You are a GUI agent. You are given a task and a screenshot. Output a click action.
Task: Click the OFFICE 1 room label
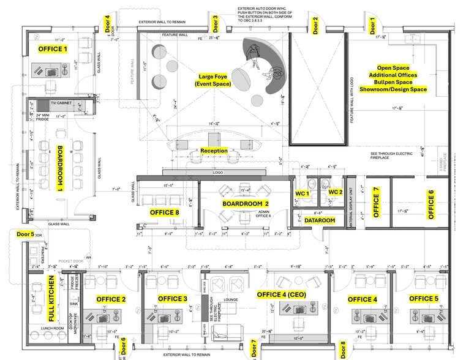[x=53, y=49]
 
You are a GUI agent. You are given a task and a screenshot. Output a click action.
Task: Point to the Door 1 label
[x=372, y=25]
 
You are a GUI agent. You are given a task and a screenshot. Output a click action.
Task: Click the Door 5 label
[x=26, y=234]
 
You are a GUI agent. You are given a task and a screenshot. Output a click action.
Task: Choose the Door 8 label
[x=343, y=349]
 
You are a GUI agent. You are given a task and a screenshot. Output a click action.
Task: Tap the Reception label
[x=214, y=151]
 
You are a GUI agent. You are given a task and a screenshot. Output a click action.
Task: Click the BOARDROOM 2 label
[x=246, y=203]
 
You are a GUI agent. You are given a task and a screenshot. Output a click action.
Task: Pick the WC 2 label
[x=335, y=192]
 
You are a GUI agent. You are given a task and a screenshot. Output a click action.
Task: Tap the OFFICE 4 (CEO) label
[x=285, y=294]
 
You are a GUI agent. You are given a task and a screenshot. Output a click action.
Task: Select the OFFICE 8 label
[x=165, y=212]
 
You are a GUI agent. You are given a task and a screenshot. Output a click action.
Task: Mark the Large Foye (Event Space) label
[x=214, y=80]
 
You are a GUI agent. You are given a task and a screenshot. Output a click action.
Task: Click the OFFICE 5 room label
[x=424, y=299]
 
